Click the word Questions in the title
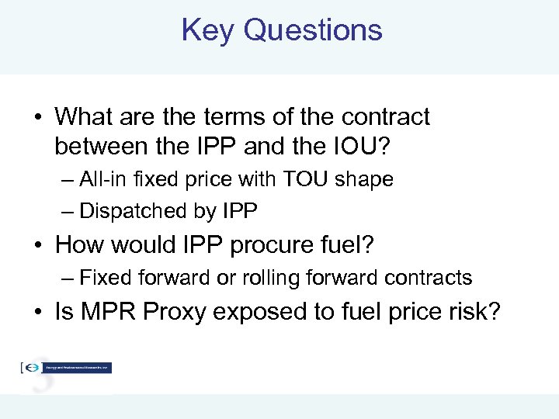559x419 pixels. tap(312, 30)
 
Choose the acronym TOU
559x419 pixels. tap(303, 179)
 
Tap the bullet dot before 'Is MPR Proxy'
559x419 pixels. tap(37, 313)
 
